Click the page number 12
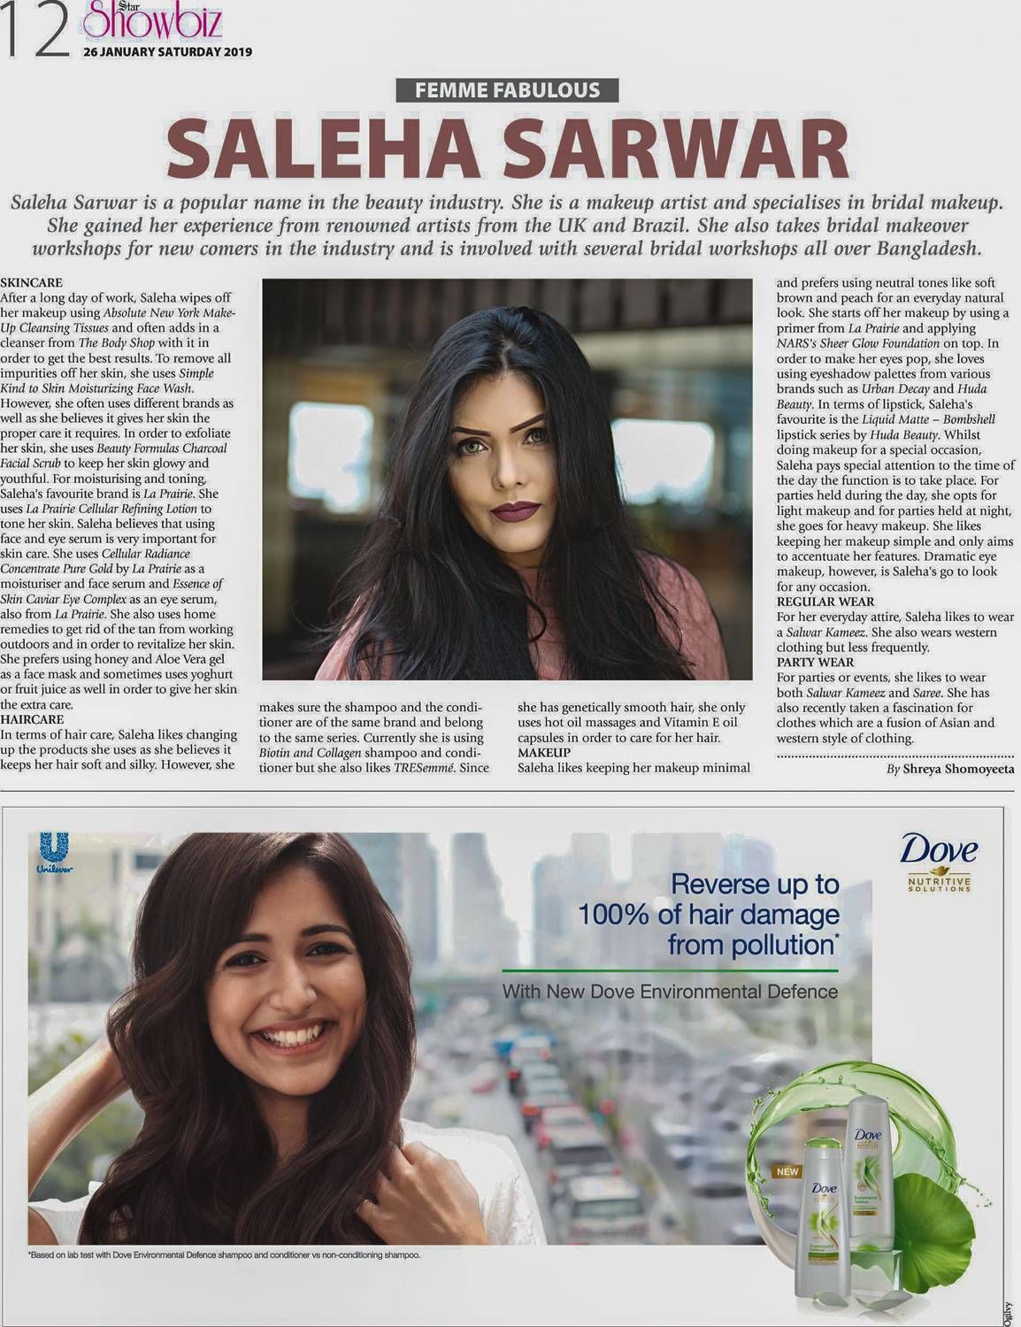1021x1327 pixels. pos(35,33)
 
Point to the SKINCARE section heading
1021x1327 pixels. pos(32,282)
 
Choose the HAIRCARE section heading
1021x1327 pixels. pos(33,720)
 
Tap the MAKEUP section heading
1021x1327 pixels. pos(544,752)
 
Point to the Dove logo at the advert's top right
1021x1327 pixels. pos(938,851)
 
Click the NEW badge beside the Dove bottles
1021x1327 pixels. pos(787,1172)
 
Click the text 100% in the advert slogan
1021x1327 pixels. pos(615,914)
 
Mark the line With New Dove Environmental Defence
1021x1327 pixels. pos(670,992)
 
